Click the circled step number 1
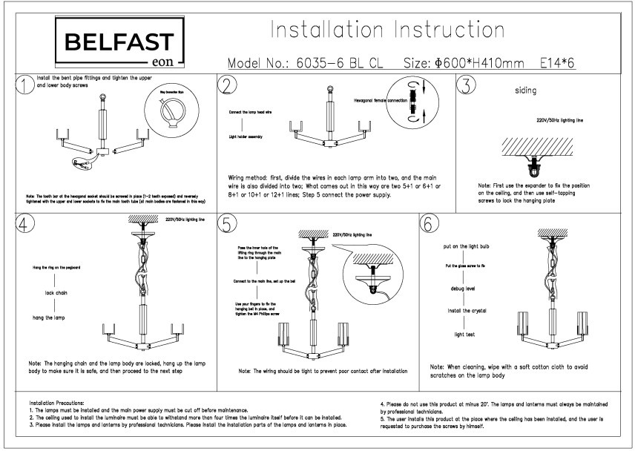click(x=25, y=85)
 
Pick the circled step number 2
click(x=228, y=85)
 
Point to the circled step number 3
click(x=465, y=85)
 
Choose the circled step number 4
click(x=25, y=223)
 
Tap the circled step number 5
click(x=228, y=223)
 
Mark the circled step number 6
click(x=430, y=223)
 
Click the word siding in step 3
click(x=525, y=91)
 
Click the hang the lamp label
click(x=53, y=317)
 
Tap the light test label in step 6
click(x=464, y=335)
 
